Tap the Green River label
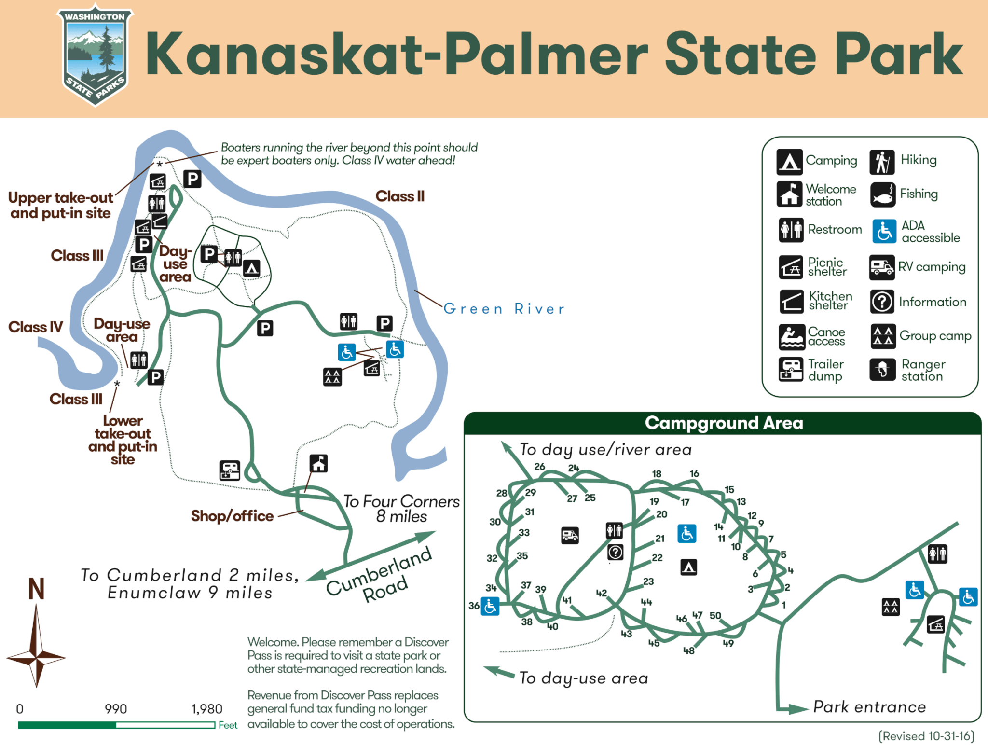pyautogui.click(x=504, y=309)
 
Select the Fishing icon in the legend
pyautogui.click(x=882, y=194)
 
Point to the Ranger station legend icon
pyautogui.click(x=882, y=370)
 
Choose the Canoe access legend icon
pyautogui.click(x=791, y=336)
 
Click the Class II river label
pyautogui.click(x=400, y=196)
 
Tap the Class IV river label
pyautogui.click(x=35, y=327)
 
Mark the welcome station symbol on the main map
pyautogui.click(x=318, y=464)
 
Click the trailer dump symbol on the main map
pyautogui.click(x=230, y=470)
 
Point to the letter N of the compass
pyautogui.click(x=36, y=589)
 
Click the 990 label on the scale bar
pyautogui.click(x=116, y=709)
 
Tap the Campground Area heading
pyautogui.click(x=724, y=423)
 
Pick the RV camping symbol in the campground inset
pyautogui.click(x=570, y=535)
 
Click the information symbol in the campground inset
pyautogui.click(x=615, y=552)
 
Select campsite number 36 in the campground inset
pyautogui.click(x=474, y=606)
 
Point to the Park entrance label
pyautogui.click(x=869, y=707)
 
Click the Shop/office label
pyautogui.click(x=232, y=516)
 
